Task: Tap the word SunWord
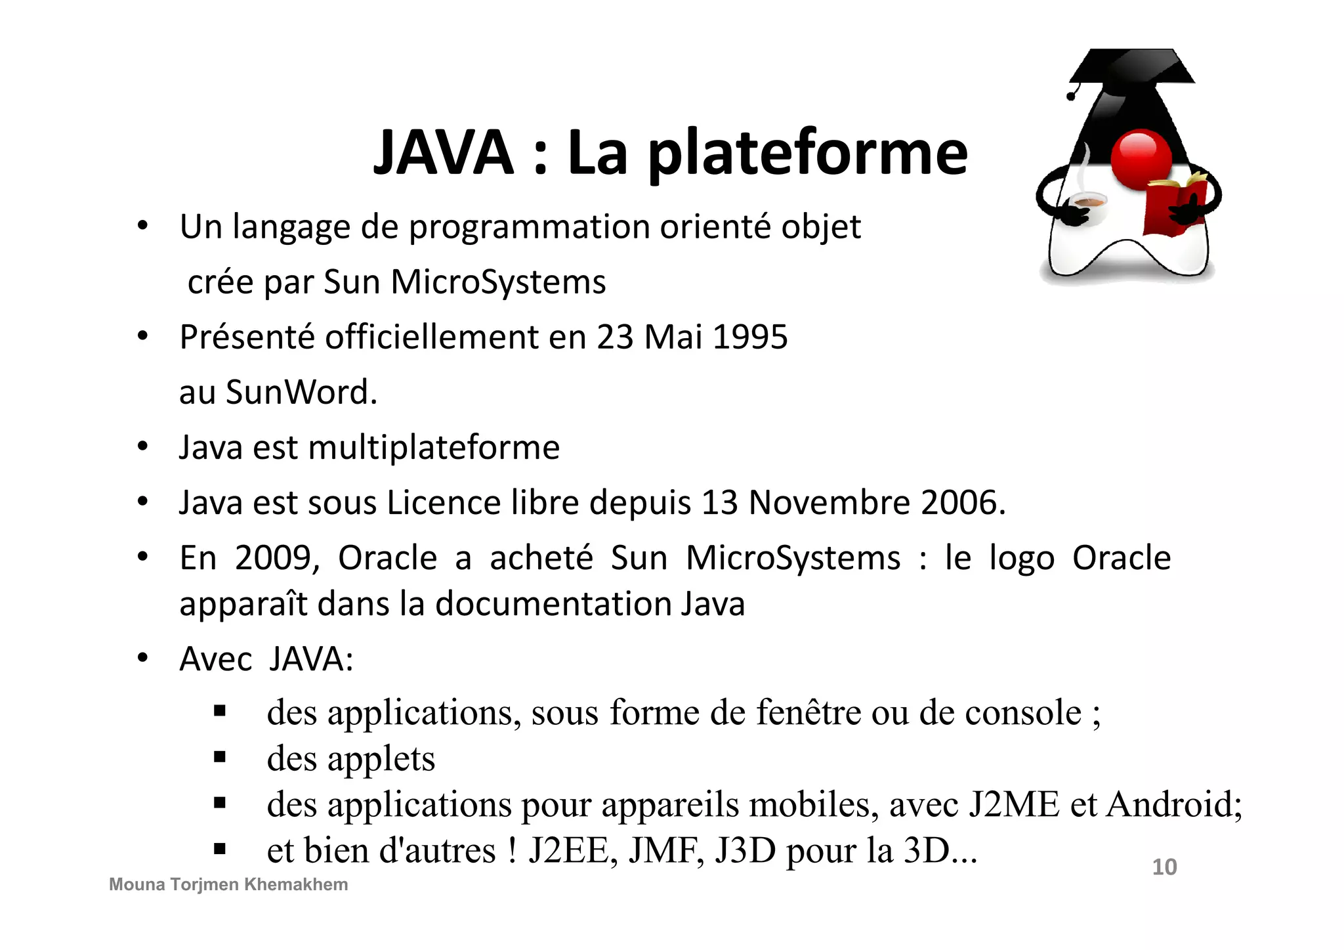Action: click(301, 393)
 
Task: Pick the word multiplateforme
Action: click(434, 448)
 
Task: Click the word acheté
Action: click(541, 558)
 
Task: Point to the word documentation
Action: click(553, 604)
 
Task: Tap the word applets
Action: click(381, 759)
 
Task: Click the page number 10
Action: click(1164, 867)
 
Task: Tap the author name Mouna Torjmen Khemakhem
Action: click(228, 885)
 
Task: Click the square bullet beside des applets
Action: click(220, 758)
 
